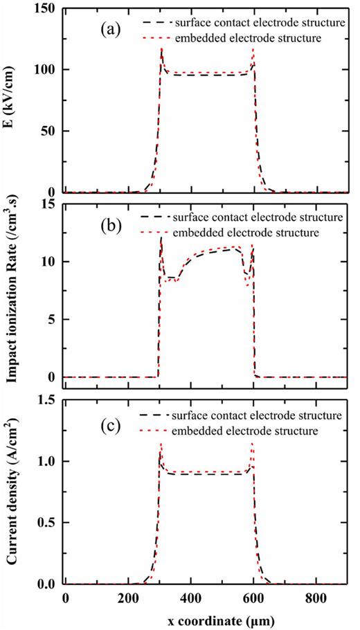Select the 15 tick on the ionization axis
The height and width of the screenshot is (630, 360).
pyautogui.click(x=51, y=204)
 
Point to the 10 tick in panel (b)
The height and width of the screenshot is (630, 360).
pyautogui.click(x=51, y=262)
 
